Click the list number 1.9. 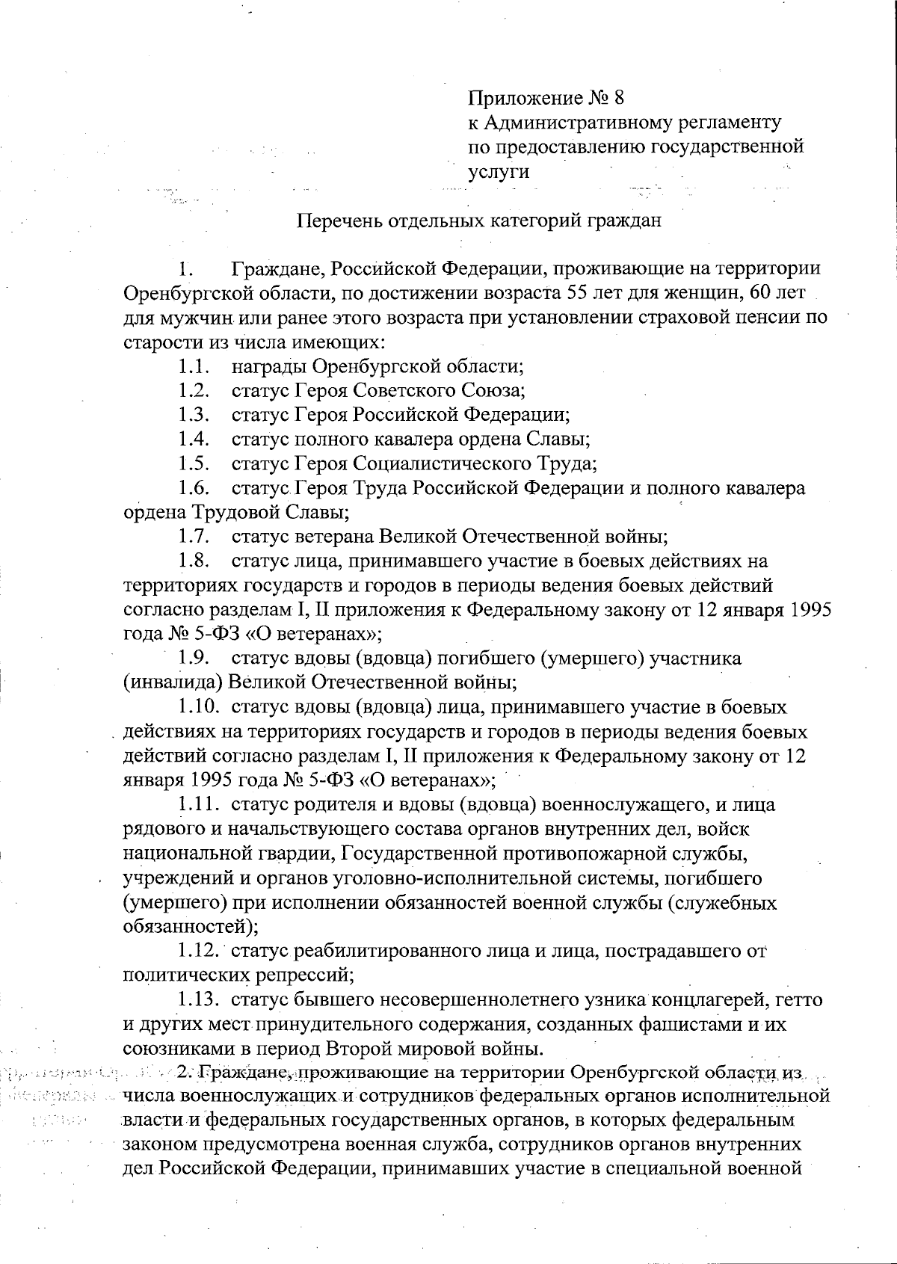194,659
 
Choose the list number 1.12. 197,951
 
